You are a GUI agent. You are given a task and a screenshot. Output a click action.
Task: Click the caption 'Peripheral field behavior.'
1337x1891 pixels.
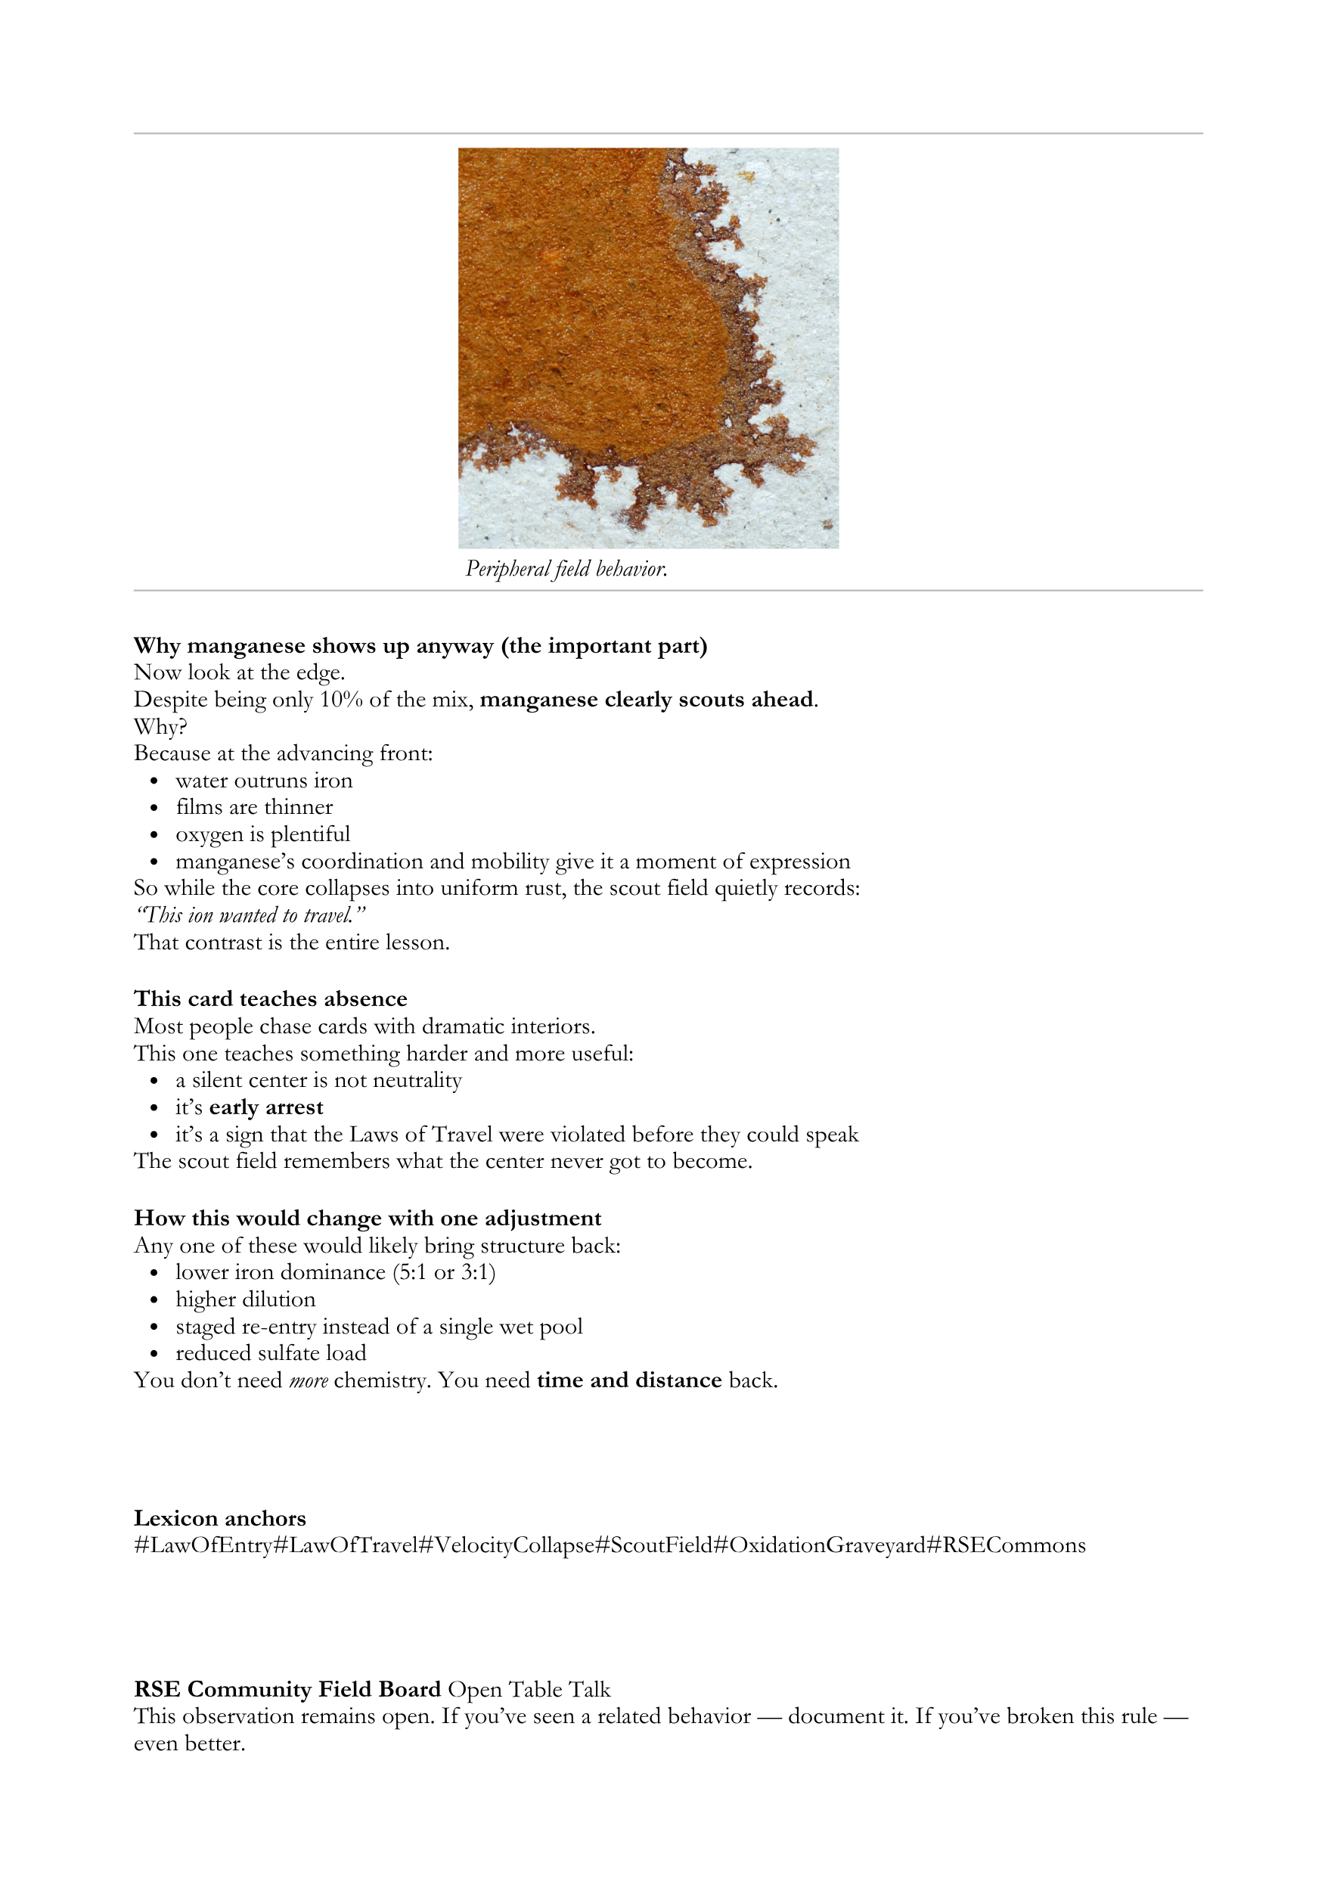(566, 569)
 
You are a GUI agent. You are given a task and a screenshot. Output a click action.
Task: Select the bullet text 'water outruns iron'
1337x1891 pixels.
(263, 780)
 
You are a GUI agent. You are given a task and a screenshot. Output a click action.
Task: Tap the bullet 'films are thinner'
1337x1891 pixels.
(253, 807)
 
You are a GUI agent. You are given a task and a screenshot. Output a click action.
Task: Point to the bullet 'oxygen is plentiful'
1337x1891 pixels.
(262, 834)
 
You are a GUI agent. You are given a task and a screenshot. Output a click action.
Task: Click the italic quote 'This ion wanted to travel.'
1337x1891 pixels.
(250, 915)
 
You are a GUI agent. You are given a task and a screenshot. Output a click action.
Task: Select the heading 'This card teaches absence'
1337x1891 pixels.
(270, 999)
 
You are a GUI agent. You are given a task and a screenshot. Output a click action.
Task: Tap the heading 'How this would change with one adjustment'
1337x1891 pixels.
(368, 1218)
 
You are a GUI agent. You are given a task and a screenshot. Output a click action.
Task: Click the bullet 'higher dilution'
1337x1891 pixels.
(245, 1299)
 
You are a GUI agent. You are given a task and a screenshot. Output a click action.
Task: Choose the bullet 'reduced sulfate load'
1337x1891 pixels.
(271, 1353)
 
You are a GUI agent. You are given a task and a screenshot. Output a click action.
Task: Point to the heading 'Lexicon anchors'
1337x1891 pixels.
(220, 1519)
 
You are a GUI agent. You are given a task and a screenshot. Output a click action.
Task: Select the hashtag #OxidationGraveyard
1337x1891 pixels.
(818, 1546)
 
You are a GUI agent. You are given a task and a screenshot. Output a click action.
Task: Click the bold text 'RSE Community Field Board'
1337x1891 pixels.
(287, 1690)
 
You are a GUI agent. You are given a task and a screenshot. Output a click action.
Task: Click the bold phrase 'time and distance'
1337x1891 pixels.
(629, 1380)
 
